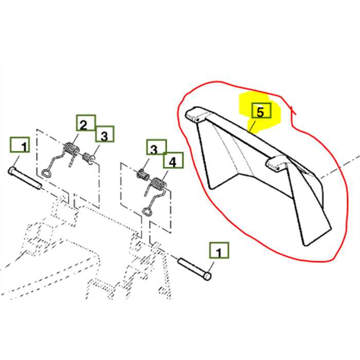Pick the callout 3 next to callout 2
pos(104,136)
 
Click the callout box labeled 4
pos(173,162)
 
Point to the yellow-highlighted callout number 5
pos(260,112)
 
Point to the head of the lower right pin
pos(207,276)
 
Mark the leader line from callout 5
pos(252,126)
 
